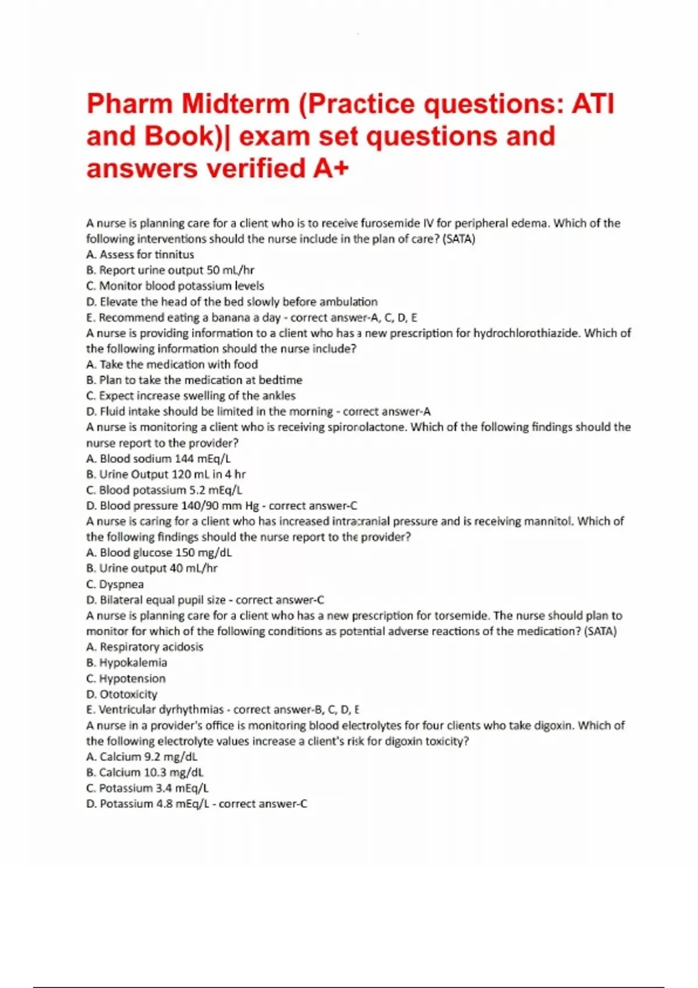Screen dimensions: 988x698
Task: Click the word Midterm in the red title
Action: [236, 105]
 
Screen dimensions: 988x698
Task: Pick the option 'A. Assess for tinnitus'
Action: [140, 255]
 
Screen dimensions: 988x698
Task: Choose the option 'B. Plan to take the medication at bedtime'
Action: [194, 380]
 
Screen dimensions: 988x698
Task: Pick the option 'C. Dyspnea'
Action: [115, 584]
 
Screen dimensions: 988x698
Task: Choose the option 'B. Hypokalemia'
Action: [126, 663]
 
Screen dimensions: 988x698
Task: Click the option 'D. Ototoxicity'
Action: [122, 694]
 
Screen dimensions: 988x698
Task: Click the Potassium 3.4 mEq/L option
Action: [147, 788]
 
